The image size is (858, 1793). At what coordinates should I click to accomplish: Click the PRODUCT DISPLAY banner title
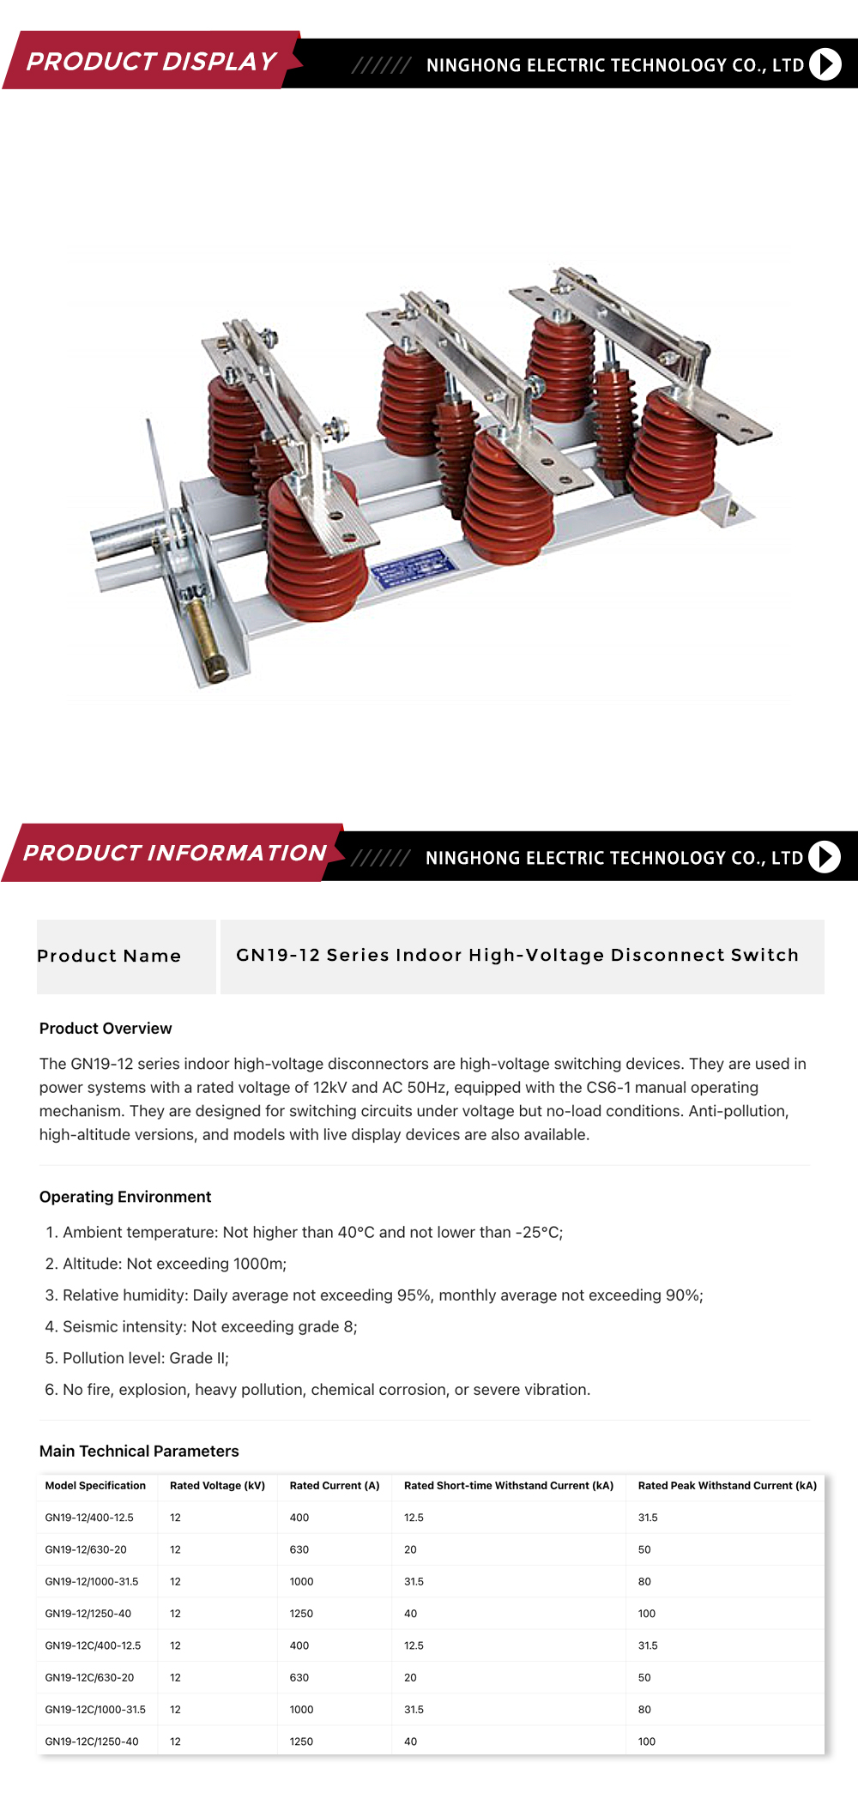pyautogui.click(x=151, y=62)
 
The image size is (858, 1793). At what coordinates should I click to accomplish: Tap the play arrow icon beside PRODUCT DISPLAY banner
pyautogui.click(x=825, y=64)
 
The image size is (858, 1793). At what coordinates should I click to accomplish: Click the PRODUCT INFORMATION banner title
pyautogui.click(x=175, y=853)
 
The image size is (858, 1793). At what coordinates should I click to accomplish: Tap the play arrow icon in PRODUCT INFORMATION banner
pyautogui.click(x=825, y=857)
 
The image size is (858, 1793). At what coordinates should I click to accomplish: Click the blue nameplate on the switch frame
pyautogui.click(x=412, y=569)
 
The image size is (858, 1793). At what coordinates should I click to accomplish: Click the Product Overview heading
pyautogui.click(x=106, y=1029)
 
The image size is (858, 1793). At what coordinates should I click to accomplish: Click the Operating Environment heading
pyautogui.click(x=125, y=1197)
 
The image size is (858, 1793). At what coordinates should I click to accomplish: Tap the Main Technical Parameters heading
pyautogui.click(x=139, y=1451)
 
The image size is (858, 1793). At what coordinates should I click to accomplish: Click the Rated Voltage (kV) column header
pyautogui.click(x=217, y=1485)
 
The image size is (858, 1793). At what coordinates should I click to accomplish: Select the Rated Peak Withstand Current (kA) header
pyautogui.click(x=728, y=1485)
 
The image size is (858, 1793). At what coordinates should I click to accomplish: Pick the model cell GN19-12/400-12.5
pyautogui.click(x=89, y=1518)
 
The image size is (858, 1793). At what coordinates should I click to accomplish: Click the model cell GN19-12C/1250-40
pyautogui.click(x=92, y=1742)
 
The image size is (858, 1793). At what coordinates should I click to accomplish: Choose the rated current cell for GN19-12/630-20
pyautogui.click(x=299, y=1549)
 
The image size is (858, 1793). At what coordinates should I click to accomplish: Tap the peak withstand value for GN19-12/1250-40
pyautogui.click(x=647, y=1614)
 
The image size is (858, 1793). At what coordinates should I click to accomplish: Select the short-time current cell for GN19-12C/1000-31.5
pyautogui.click(x=414, y=1710)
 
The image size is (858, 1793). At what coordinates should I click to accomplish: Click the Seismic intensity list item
pyautogui.click(x=201, y=1326)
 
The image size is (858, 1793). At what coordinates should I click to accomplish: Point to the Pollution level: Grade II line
pyautogui.click(x=136, y=1358)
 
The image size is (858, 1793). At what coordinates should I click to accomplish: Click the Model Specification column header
pyautogui.click(x=95, y=1485)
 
